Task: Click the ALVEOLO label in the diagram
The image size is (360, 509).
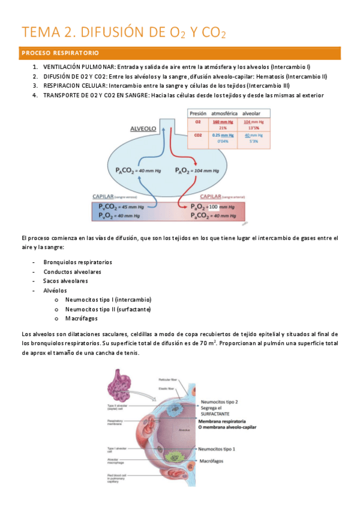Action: click(x=144, y=128)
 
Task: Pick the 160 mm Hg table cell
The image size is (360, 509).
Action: click(x=222, y=122)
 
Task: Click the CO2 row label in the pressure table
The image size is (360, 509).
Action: click(x=197, y=136)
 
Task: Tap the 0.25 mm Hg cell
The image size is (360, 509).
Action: click(x=222, y=136)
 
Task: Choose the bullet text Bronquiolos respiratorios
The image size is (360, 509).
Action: click(x=77, y=262)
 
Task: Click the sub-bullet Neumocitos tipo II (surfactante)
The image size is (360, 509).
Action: click(x=108, y=309)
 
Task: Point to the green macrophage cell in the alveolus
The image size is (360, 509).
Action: click(x=179, y=456)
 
